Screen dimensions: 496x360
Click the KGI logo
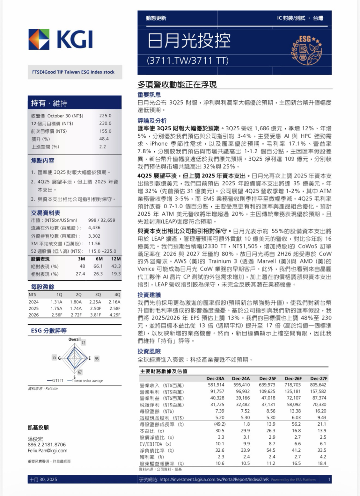(x=61, y=40)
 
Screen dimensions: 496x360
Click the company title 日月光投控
(x=189, y=40)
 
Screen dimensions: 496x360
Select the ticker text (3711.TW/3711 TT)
(x=187, y=61)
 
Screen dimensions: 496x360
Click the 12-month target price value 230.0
(x=105, y=123)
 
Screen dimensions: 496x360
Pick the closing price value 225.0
(x=105, y=116)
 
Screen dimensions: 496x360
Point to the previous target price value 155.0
(x=105, y=131)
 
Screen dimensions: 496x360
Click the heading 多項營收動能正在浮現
(x=177, y=84)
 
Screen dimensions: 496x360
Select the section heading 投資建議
(x=149, y=295)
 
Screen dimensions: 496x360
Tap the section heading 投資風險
(x=149, y=351)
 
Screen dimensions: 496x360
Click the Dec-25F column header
(x=268, y=378)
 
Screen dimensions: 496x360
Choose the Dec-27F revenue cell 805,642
(x=318, y=385)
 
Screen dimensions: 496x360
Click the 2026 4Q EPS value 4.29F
(x=115, y=315)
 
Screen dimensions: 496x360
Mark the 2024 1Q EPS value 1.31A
(x=56, y=302)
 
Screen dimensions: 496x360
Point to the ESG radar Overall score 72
(x=83, y=343)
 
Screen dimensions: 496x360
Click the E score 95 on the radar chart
(x=97, y=359)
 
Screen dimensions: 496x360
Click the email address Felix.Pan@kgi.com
(x=48, y=450)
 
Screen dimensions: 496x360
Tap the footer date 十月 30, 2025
(x=43, y=479)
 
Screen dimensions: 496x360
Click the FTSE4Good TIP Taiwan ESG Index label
(x=73, y=72)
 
